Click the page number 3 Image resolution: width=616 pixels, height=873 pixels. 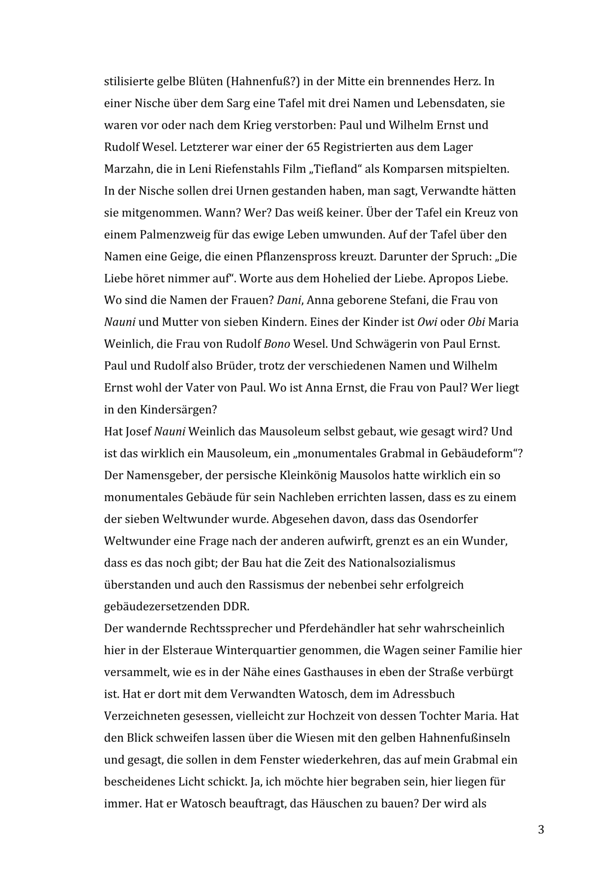point(541,830)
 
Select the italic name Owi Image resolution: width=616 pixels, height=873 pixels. point(427,322)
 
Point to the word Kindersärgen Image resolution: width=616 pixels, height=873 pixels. point(178,410)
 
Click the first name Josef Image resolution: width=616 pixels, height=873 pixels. point(138,432)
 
